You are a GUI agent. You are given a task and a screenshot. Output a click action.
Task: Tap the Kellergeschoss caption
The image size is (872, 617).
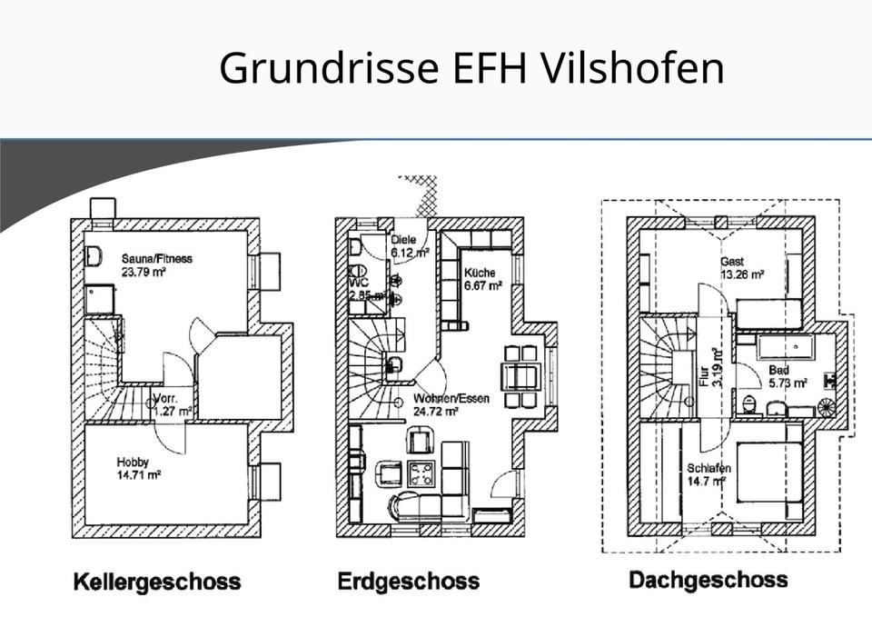tap(156, 582)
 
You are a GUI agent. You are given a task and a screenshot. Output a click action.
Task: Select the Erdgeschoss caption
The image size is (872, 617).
tap(408, 582)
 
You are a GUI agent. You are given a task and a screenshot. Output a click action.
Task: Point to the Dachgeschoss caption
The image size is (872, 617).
tap(708, 580)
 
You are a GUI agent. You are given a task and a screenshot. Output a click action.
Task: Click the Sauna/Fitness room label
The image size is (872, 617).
tap(156, 258)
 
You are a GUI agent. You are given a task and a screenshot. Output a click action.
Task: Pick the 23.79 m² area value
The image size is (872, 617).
tap(143, 271)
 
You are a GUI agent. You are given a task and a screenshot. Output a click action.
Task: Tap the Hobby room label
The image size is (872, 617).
tap(133, 462)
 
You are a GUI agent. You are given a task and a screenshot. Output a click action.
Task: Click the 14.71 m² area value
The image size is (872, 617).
tap(138, 474)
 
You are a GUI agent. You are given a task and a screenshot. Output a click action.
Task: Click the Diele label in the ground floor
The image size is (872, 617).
tap(403, 240)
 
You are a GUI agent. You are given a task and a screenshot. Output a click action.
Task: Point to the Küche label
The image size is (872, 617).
tap(480, 273)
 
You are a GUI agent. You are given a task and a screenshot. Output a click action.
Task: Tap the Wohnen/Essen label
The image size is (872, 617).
tap(451, 398)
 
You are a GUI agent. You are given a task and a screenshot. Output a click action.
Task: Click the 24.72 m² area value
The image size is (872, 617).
tap(435, 411)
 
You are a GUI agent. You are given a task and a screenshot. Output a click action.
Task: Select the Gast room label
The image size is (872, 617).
tap(732, 261)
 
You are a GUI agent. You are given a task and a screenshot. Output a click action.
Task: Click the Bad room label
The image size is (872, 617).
tap(778, 371)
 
